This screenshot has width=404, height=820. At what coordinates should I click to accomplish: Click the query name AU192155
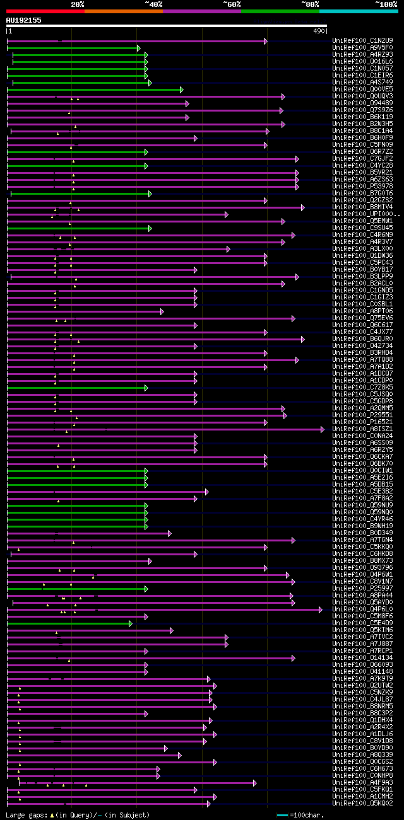tap(23, 20)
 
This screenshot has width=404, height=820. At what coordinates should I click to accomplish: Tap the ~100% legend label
tap(386, 4)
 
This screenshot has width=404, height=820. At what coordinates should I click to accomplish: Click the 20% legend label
tap(78, 4)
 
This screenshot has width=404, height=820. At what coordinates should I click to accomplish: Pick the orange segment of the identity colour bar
tap(123, 11)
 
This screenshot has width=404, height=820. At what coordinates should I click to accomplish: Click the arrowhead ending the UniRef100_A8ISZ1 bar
tap(322, 429)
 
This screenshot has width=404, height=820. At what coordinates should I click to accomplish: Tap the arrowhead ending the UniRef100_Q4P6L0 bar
tap(320, 609)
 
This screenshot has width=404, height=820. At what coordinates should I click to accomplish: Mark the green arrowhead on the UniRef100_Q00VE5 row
tap(181, 90)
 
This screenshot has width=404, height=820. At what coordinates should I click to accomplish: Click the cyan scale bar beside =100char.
tap(282, 816)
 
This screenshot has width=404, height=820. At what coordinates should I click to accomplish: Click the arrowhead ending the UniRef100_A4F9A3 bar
tap(254, 783)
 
